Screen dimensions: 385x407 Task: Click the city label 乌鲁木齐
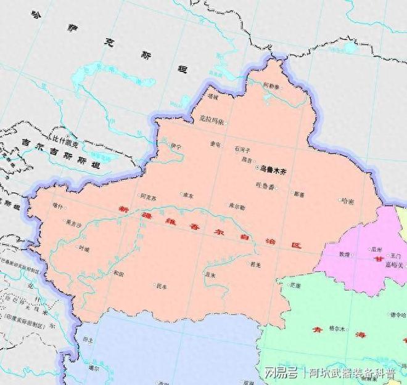[272, 167]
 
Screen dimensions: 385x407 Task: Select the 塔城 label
[213, 97]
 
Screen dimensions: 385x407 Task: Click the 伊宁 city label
[176, 146]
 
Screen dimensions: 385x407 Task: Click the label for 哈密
[347, 201]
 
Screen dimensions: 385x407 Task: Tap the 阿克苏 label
[148, 197]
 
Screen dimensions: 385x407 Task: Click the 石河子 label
[241, 149]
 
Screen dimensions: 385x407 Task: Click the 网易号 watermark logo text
[278, 373]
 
